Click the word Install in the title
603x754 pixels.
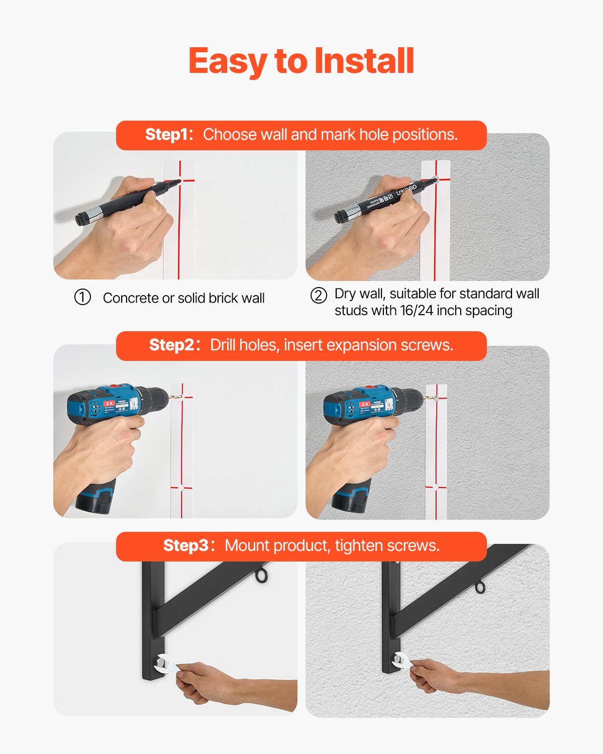[364, 61]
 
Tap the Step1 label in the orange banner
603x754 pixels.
[167, 135]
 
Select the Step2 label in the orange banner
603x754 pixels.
[171, 345]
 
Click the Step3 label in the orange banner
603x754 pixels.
[185, 546]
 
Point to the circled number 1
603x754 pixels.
[82, 298]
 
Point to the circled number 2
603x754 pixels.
[319, 295]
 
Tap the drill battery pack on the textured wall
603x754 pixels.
[350, 499]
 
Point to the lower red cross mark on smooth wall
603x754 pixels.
[181, 488]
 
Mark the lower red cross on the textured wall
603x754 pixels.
[436, 487]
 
